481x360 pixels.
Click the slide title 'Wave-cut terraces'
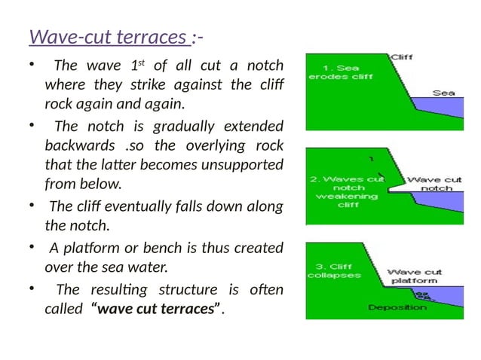[x=109, y=36]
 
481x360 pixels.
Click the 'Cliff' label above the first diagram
[x=401, y=57]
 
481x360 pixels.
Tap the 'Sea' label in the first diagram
[x=443, y=93]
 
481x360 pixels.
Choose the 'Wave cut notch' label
[x=434, y=184]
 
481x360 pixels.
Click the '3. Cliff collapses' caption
[x=333, y=270]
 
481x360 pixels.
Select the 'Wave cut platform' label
[x=415, y=276]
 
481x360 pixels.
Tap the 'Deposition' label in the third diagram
[x=397, y=307]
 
